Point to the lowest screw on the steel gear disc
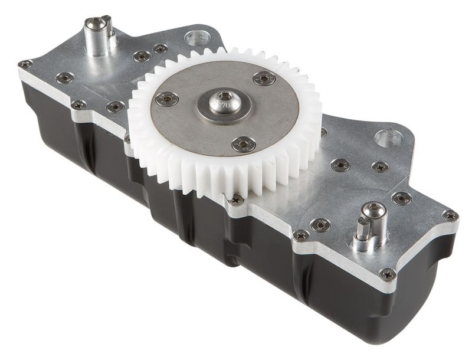243,143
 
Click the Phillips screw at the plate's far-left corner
25,64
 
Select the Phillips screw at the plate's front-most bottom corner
387,274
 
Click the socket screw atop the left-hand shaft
94,24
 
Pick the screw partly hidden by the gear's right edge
323,132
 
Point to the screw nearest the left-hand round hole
160,48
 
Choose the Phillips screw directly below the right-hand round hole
380,167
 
